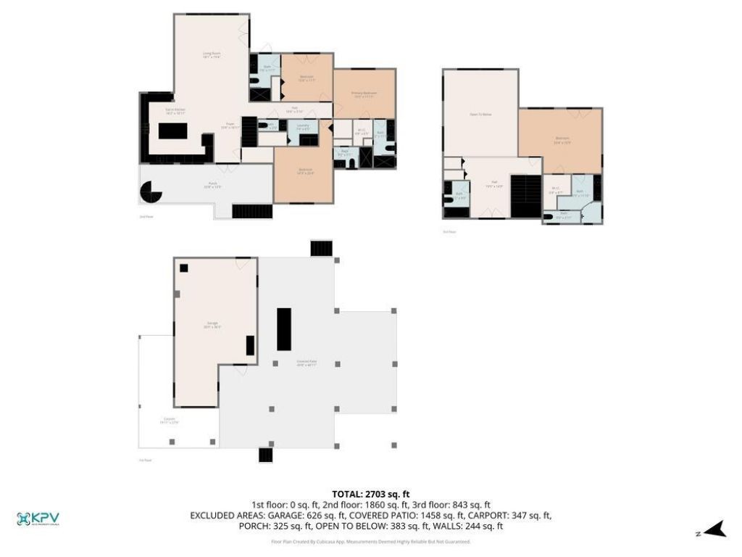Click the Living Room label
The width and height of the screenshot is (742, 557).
[211, 55]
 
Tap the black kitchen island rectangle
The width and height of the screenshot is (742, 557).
[173, 131]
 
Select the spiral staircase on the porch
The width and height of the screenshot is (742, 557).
[152, 192]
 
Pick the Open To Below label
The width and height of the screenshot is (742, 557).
[481, 115]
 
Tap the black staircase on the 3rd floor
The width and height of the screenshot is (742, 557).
[526, 196]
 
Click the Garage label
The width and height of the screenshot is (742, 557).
[212, 325]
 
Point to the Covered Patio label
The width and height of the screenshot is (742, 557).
[307, 362]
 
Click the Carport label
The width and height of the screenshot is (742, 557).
[169, 420]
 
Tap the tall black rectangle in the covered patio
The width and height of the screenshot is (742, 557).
[283, 329]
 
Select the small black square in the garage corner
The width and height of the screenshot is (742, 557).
[183, 268]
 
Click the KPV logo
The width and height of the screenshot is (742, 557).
[38, 519]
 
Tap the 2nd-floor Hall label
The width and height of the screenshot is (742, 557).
[275, 110]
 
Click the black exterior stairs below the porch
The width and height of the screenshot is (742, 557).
[251, 211]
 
